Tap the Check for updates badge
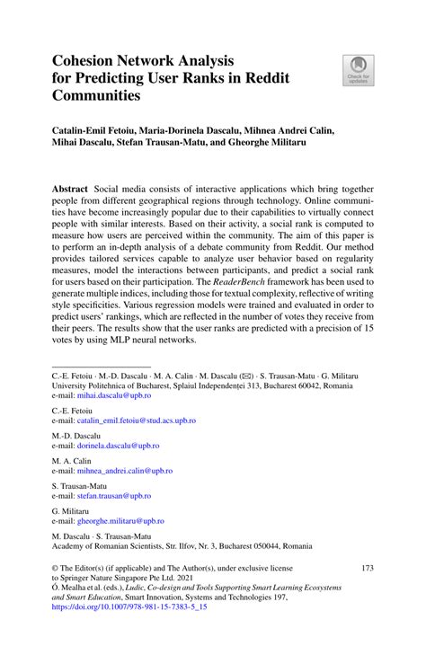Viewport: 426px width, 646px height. [x=359, y=71]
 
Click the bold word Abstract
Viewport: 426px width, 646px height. [x=69, y=190]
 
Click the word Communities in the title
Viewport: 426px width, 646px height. [x=96, y=95]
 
